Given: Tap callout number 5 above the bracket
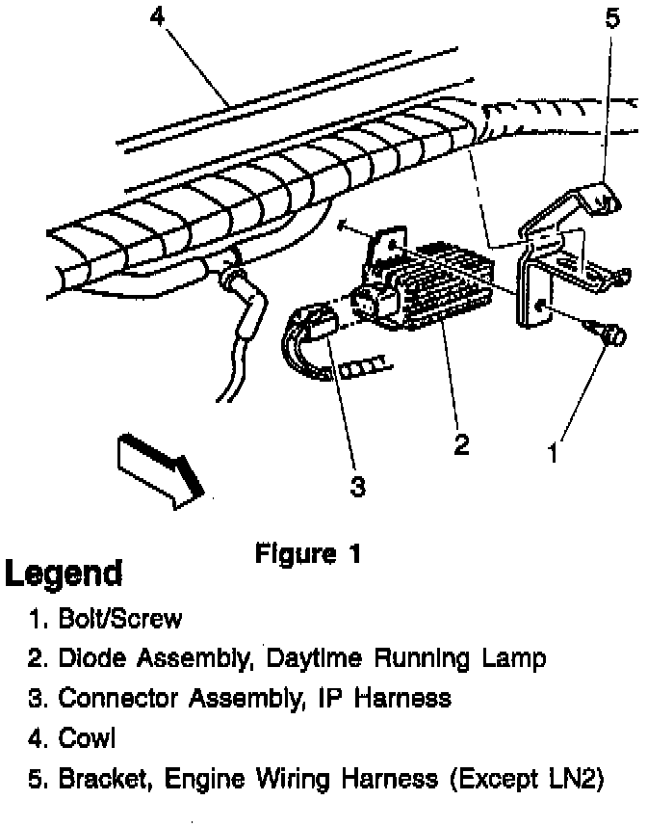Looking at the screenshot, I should pos(613,18).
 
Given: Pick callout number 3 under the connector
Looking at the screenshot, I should pos(357,487).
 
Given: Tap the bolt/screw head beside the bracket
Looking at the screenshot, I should pos(611,336).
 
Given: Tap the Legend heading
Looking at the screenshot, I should pos(65,574).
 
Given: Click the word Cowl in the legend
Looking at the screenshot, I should pos(88,739).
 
